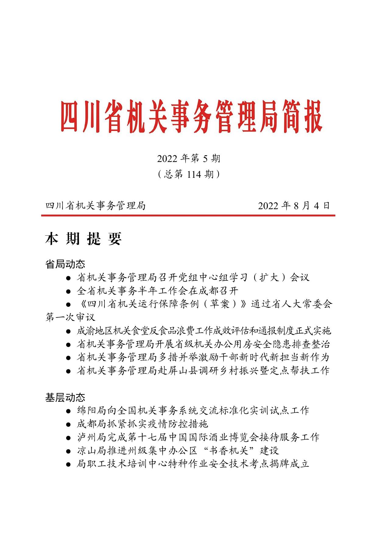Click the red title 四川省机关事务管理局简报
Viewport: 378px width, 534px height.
pos(191,117)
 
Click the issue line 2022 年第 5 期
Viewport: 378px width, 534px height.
pos(189,159)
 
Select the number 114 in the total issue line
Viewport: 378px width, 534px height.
pos(194,174)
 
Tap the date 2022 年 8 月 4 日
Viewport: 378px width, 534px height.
pos(294,206)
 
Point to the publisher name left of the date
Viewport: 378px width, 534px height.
pos(96,206)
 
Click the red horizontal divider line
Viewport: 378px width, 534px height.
pos(188,216)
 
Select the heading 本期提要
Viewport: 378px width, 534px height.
pos(83,239)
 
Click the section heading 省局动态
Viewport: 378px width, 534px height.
pos(65,264)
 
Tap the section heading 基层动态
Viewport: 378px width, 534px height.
pos(65,397)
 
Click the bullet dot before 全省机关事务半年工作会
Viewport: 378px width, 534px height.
pos(69,291)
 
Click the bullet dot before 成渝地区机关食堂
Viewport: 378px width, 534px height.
pos(69,331)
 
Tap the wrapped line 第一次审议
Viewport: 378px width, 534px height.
pos(70,317)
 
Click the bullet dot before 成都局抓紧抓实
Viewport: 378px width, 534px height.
pos(69,424)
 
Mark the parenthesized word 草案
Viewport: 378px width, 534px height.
pos(220,304)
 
